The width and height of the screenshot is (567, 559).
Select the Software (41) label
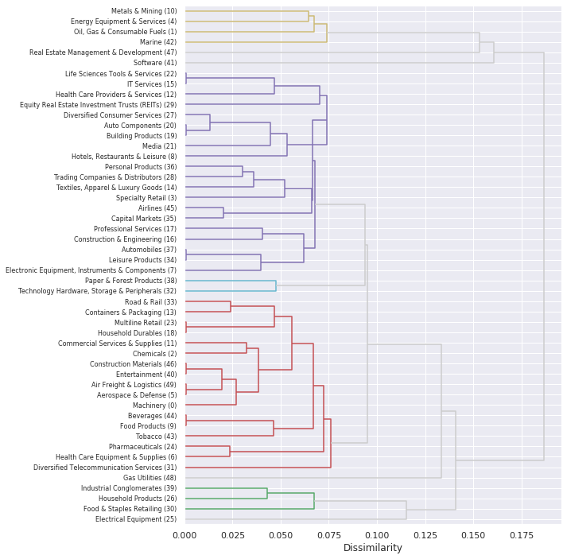(x=155, y=63)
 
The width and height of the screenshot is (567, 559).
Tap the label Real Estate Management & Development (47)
(x=103, y=52)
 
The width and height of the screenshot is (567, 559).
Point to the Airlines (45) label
(x=157, y=208)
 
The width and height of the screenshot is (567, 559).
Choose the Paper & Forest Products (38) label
(x=131, y=281)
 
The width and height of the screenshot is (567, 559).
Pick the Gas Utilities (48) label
(x=150, y=478)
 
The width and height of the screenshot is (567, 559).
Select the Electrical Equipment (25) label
(x=136, y=519)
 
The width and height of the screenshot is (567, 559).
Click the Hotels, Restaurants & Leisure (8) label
(x=124, y=157)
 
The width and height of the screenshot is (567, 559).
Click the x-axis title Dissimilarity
(x=372, y=548)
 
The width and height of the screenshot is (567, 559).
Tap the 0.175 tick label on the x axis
(x=522, y=534)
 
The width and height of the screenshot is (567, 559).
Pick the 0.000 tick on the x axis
(x=185, y=534)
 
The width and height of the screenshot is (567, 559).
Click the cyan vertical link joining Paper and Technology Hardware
(x=276, y=286)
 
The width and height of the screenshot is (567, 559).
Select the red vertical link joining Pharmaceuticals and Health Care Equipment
(x=230, y=452)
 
